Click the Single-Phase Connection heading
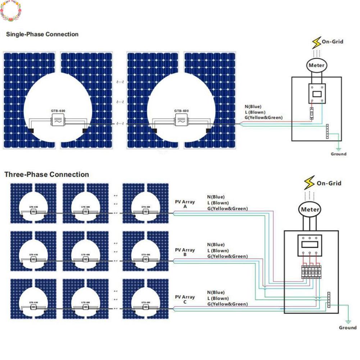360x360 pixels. point(42,35)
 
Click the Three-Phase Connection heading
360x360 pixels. point(46,175)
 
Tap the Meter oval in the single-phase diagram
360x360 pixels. point(316,65)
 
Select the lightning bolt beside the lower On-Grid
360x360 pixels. point(309,183)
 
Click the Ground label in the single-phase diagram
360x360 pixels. point(338,154)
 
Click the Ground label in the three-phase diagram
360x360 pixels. point(347,328)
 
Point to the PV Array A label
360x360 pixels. point(185,204)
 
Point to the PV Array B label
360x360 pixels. point(185,252)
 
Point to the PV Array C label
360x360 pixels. point(185,299)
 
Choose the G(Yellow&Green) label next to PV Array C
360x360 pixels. point(227,304)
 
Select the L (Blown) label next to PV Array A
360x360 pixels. point(218,203)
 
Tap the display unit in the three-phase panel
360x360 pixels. point(309,245)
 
